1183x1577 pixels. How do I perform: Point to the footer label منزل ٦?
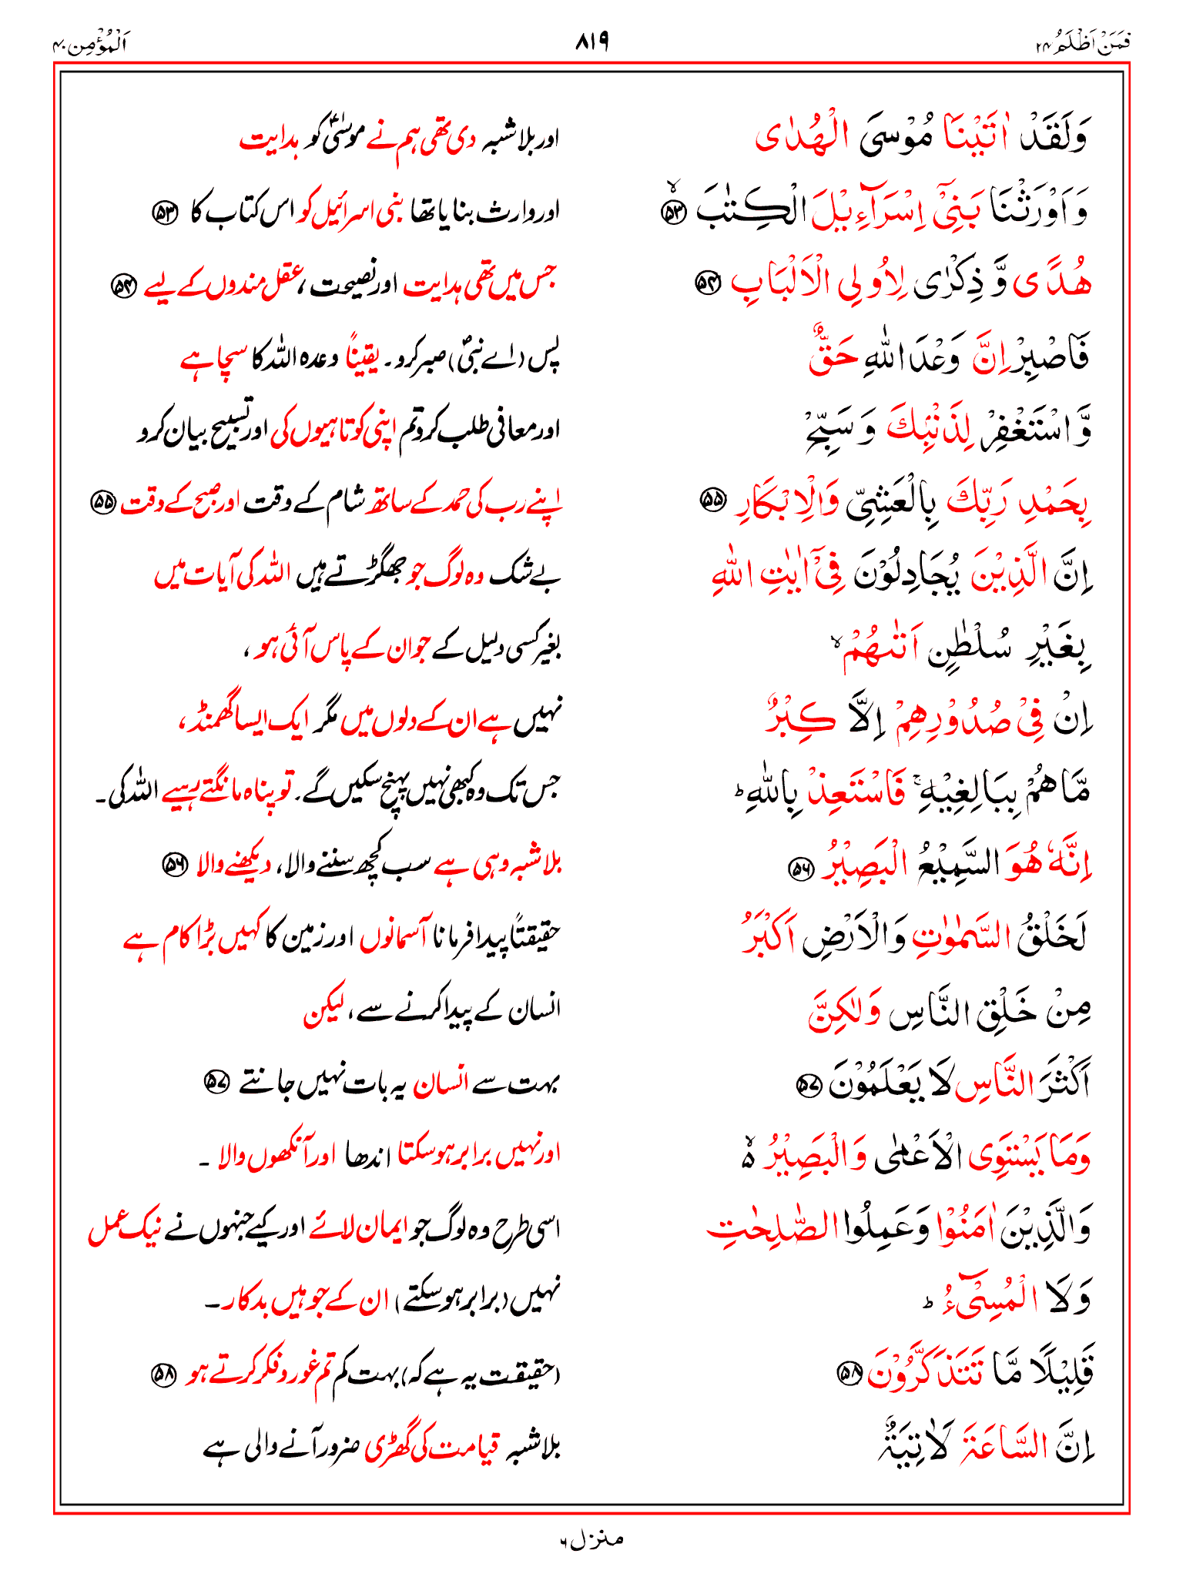click(x=591, y=1539)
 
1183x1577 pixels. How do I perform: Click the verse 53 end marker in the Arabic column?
click(x=675, y=213)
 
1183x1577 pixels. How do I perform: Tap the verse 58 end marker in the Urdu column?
click(x=163, y=1375)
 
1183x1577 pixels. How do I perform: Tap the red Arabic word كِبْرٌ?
click(x=795, y=720)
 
